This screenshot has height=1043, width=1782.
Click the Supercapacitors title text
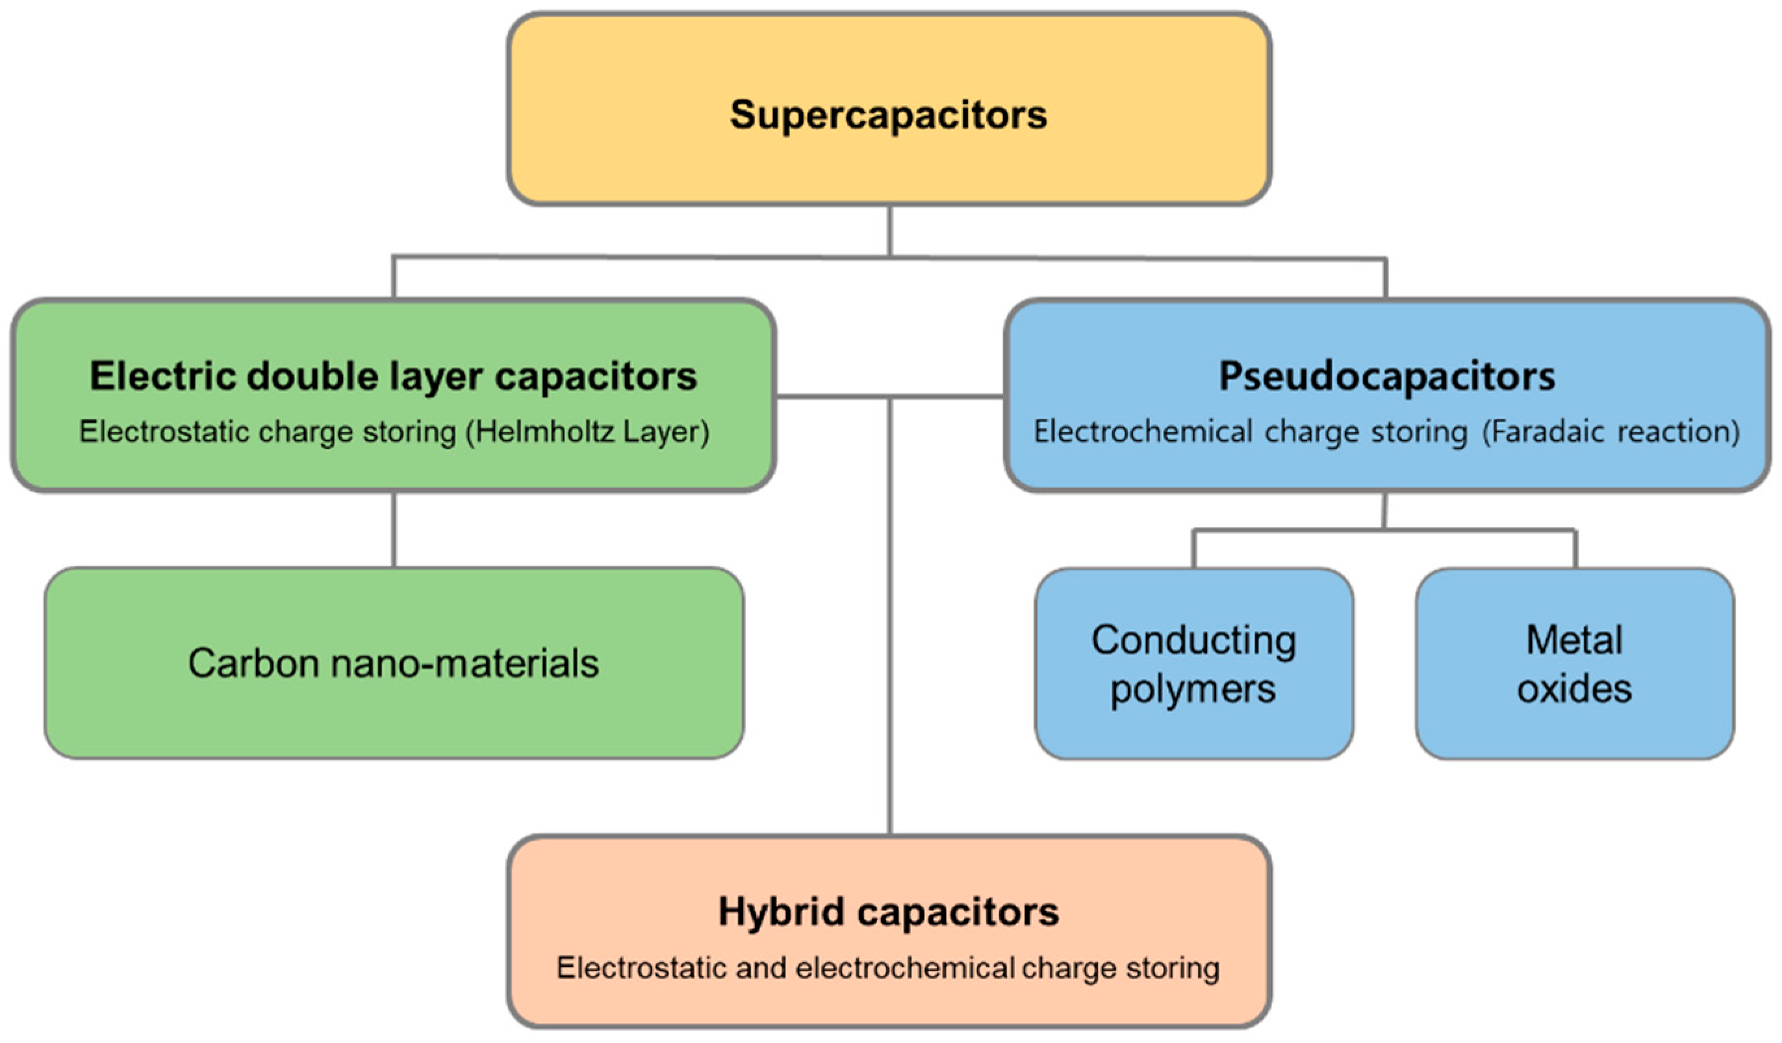888,114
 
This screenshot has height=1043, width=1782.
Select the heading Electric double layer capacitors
393,376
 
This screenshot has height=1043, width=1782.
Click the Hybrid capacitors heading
888,912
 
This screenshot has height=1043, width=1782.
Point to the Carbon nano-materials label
393,663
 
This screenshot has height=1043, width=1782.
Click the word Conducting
1193,640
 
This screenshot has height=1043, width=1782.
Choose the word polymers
1193,689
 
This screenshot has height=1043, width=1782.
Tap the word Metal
1574,640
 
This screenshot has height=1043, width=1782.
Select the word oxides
1574,688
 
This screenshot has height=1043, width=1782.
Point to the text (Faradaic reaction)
1611,432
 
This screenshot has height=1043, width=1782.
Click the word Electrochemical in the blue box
1143,432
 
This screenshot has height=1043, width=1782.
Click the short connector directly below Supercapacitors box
889,231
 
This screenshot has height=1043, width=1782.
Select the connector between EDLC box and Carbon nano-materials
394,530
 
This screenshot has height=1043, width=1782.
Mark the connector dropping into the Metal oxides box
1575,549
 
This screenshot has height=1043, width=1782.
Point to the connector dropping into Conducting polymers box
1193,549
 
